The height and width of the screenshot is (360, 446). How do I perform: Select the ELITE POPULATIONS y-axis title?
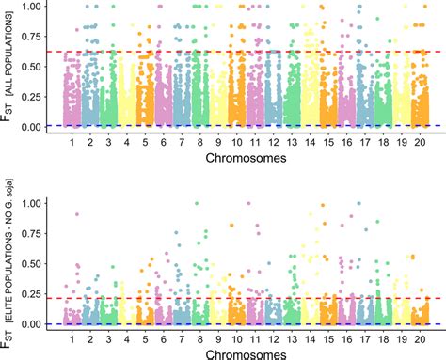tap(10, 263)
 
